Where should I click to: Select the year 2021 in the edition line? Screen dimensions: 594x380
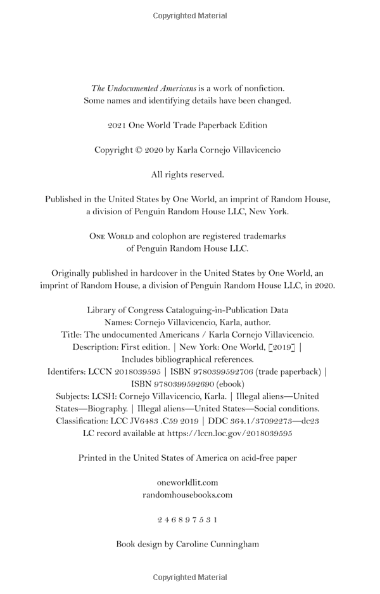coord(117,126)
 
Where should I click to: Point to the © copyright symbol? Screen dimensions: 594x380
coord(139,150)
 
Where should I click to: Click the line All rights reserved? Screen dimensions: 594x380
coord(187,175)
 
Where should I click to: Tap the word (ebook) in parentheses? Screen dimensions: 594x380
coord(230,384)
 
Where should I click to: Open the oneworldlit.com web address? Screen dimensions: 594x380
coord(187,482)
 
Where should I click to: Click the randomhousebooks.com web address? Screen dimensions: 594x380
coord(187,494)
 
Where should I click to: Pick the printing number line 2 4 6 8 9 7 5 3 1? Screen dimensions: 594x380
coord(187,520)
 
